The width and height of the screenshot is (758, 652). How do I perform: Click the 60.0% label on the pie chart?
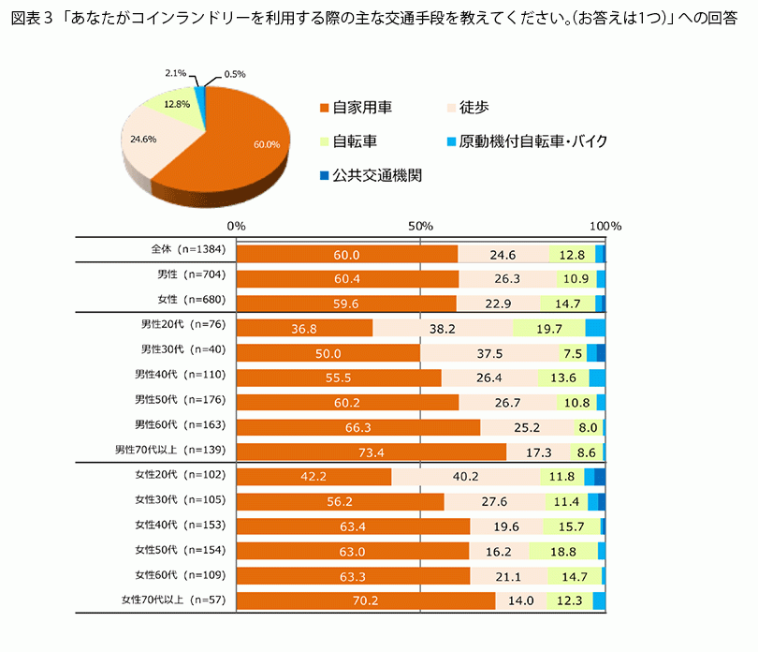pyautogui.click(x=267, y=144)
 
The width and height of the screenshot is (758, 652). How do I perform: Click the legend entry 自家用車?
pyautogui.click(x=356, y=108)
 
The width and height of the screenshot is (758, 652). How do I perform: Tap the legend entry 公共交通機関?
pyautogui.click(x=364, y=174)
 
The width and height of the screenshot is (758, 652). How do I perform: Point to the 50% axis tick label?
pyautogui.click(x=421, y=226)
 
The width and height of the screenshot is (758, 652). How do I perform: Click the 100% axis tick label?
pyautogui.click(x=605, y=226)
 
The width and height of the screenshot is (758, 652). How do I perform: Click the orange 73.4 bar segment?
pyautogui.click(x=372, y=452)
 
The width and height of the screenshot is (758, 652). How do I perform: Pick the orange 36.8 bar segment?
pyautogui.click(x=305, y=328)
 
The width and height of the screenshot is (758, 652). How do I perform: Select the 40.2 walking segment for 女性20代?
pyautogui.click(x=465, y=477)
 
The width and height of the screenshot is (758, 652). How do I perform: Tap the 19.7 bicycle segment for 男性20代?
pyautogui.click(x=549, y=328)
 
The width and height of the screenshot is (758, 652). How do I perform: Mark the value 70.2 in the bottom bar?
pyautogui.click(x=366, y=600)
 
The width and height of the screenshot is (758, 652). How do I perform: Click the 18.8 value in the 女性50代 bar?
pyautogui.click(x=562, y=551)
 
